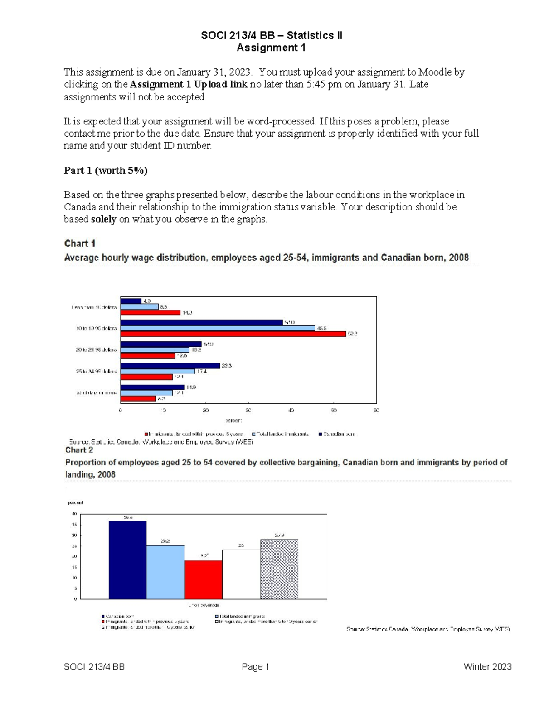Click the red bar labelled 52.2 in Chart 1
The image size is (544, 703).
tap(233, 334)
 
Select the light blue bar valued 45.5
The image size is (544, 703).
tap(218, 328)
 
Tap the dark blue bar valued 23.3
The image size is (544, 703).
tap(170, 366)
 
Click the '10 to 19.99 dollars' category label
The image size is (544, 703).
tap(96, 329)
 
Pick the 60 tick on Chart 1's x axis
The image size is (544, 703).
tap(376, 411)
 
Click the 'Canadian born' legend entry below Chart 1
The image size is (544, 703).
tap(337, 434)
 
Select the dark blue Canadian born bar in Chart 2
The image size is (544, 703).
tap(127, 560)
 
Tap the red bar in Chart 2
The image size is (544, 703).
tap(203, 579)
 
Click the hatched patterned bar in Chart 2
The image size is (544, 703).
tap(279, 569)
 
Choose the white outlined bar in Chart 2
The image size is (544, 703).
tap(241, 574)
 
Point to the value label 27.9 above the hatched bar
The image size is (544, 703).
tap(279, 536)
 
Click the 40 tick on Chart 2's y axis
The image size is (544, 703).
tap(75, 514)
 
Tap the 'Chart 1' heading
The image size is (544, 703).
tap(80, 244)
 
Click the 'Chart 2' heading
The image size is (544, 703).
tap(79, 450)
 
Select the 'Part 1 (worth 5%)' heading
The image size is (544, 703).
tap(106, 171)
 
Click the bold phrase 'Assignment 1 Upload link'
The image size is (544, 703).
tap(189, 85)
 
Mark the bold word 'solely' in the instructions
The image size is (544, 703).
tap(103, 220)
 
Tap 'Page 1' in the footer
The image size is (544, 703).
tap(256, 667)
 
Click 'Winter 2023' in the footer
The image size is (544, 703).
tap(487, 667)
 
